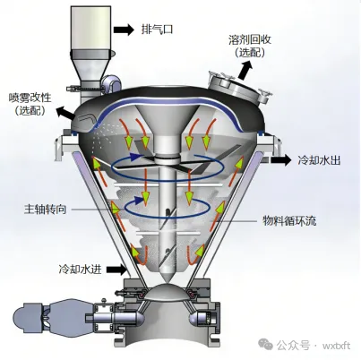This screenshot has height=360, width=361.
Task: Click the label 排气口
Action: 157,30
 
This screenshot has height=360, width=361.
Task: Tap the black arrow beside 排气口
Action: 124,30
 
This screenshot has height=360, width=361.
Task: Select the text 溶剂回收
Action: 250,39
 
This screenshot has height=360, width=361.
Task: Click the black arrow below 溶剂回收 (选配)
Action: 245,70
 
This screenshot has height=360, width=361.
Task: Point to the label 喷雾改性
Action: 30,98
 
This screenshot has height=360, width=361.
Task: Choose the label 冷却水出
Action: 319,160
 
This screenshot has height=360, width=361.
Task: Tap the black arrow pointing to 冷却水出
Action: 280,160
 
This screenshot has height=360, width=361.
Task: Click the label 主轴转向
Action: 45,210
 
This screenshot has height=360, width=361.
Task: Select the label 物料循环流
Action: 289,221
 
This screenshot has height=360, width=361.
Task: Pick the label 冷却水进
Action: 80,270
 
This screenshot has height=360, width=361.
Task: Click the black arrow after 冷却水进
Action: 116,270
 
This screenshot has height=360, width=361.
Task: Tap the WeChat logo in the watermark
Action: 265,345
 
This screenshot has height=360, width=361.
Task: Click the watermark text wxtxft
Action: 336,346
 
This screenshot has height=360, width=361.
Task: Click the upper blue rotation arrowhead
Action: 136,155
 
